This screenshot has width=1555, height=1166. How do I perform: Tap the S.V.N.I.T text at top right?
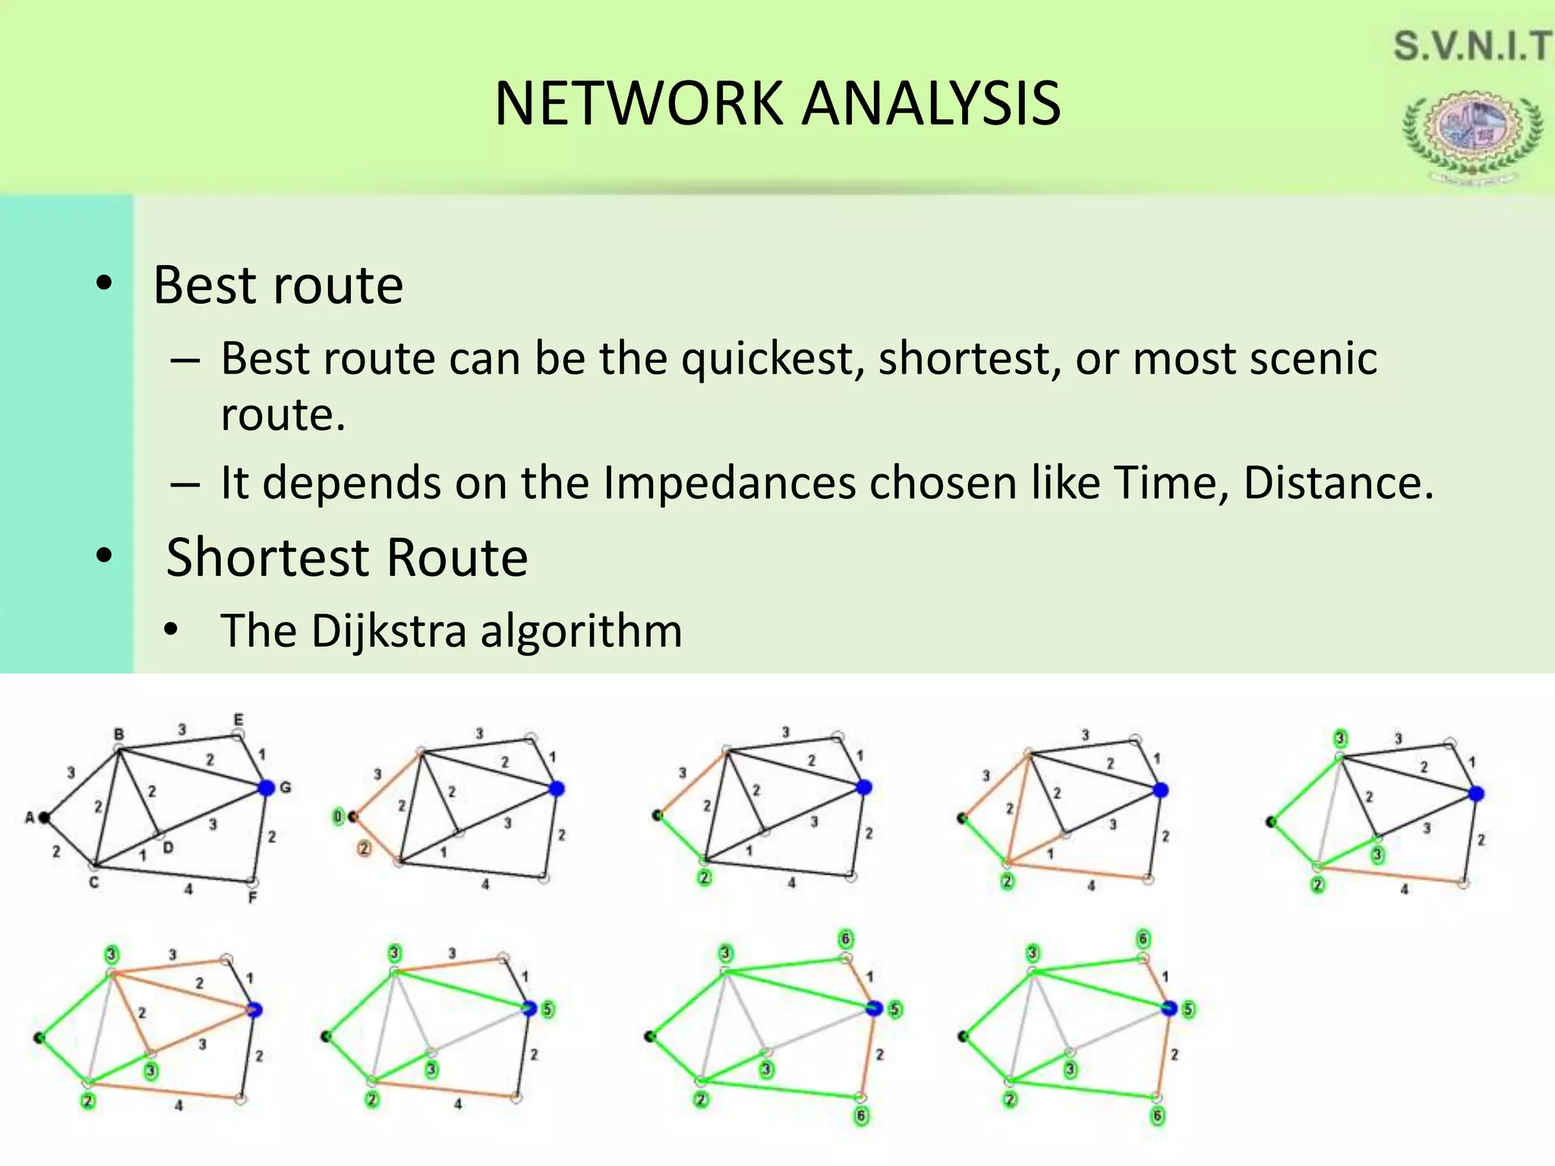click(x=1471, y=46)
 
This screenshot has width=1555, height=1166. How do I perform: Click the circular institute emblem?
click(x=1471, y=132)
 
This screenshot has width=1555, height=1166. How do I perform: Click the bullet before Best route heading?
click(x=105, y=284)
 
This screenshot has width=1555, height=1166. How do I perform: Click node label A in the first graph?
click(x=30, y=818)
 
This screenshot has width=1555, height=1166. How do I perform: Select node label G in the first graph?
click(x=285, y=787)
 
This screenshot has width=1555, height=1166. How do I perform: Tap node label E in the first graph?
click(x=238, y=719)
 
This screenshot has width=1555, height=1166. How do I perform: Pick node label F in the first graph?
click(x=253, y=898)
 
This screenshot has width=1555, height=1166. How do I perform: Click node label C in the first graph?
click(x=93, y=882)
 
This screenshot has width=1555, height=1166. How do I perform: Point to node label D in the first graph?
click(x=168, y=848)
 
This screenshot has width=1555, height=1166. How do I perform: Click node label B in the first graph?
click(x=118, y=734)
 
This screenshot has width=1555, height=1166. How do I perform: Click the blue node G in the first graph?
click(x=266, y=788)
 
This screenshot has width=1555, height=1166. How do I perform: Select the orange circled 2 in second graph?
click(x=364, y=848)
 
